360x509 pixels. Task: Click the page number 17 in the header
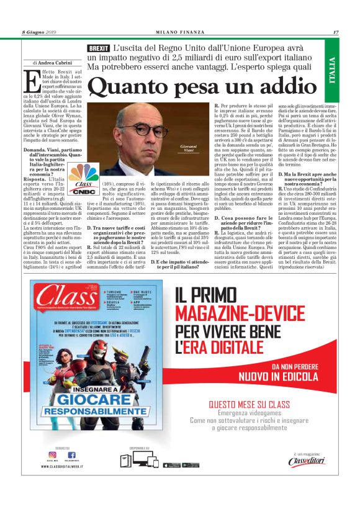(335, 32)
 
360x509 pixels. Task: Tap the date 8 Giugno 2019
(39, 32)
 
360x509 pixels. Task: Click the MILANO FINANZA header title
(179, 32)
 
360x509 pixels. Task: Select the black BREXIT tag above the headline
(99, 48)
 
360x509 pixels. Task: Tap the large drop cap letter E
(31, 81)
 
